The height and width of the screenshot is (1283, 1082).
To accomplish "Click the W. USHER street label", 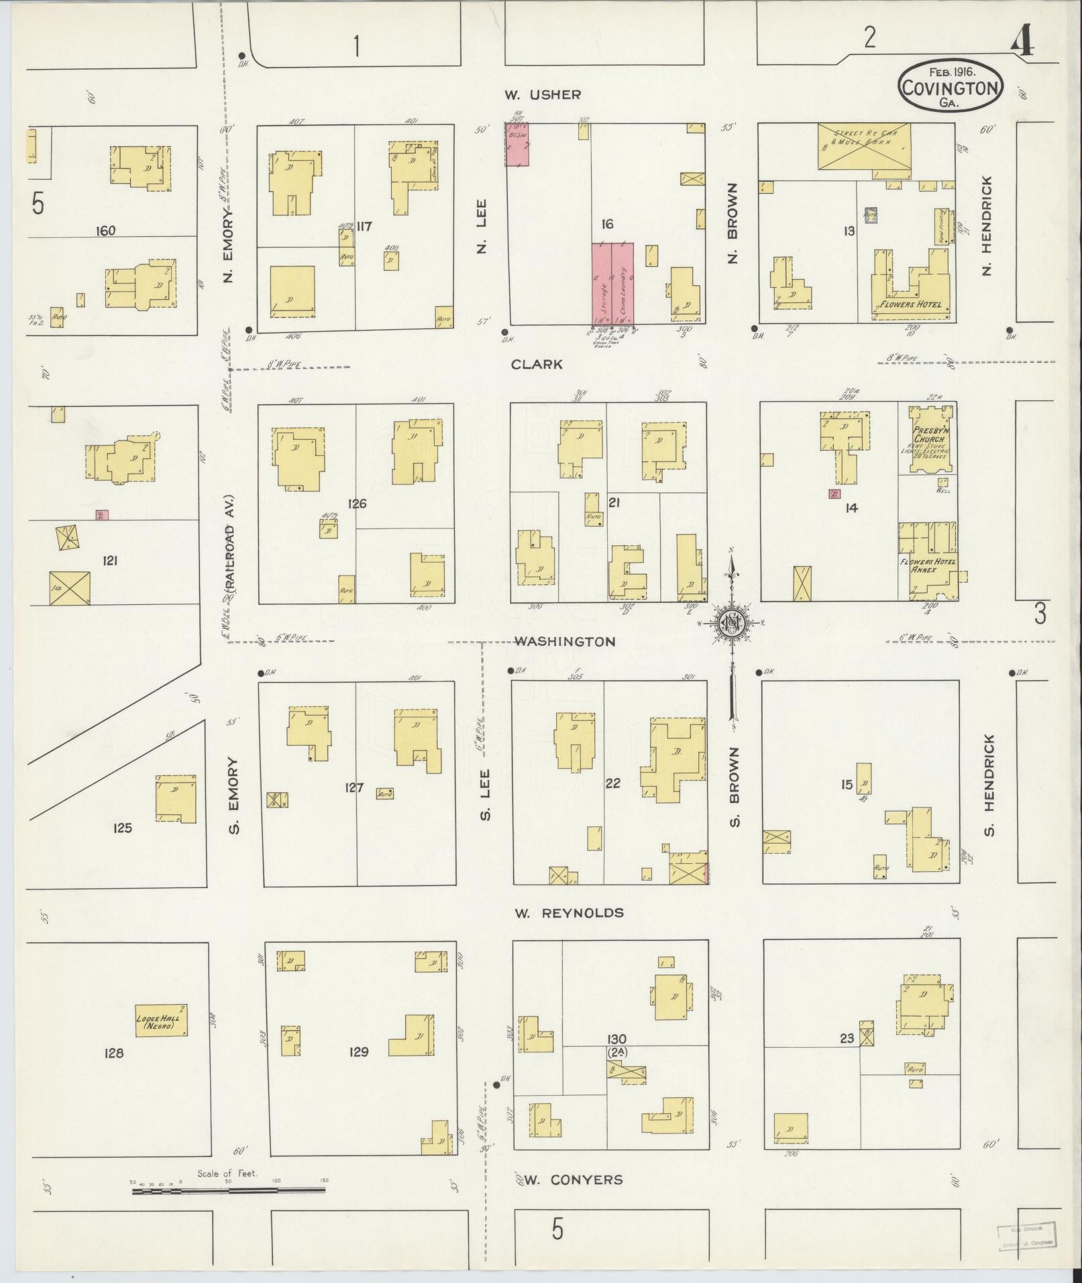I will coord(543,95).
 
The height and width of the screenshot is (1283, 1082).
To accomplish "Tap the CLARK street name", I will coord(536,364).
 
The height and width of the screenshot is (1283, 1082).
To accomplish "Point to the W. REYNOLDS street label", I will coord(569,913).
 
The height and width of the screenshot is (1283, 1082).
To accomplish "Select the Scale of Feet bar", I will coord(228,1190).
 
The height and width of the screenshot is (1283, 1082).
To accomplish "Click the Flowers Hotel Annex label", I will coord(928,565).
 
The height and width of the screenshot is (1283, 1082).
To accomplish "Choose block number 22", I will coord(612,783).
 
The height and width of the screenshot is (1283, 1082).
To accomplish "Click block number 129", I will coord(359,1052).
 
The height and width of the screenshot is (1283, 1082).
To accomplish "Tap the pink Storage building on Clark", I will coord(601,285).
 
